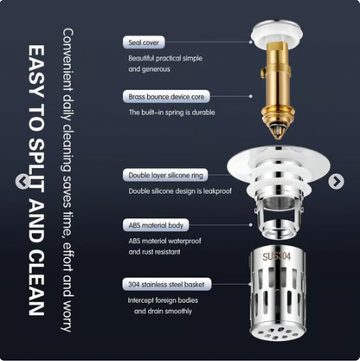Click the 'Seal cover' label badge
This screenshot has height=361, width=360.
click(x=144, y=42)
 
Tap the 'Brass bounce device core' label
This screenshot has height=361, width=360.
click(x=166, y=96)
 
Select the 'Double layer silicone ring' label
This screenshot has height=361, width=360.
click(x=165, y=175)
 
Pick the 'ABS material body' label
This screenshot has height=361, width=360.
click(x=156, y=225)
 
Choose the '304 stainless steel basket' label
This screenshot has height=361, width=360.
click(x=166, y=285)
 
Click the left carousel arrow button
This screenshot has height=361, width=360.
click(x=22, y=182)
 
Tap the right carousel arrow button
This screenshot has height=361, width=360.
click(x=337, y=182)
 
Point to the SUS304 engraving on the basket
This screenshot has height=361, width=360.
click(x=276, y=256)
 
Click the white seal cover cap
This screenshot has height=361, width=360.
click(x=277, y=32)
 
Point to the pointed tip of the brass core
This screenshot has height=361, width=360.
click(x=278, y=138)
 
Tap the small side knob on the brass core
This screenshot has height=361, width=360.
click(x=262, y=72)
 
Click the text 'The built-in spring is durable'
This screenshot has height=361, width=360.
click(x=171, y=113)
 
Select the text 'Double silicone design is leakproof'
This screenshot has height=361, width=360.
click(x=180, y=191)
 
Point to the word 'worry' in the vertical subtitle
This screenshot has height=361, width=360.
click(x=68, y=316)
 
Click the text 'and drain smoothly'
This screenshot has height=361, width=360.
click(x=163, y=312)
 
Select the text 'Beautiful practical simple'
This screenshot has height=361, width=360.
click(x=165, y=58)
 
